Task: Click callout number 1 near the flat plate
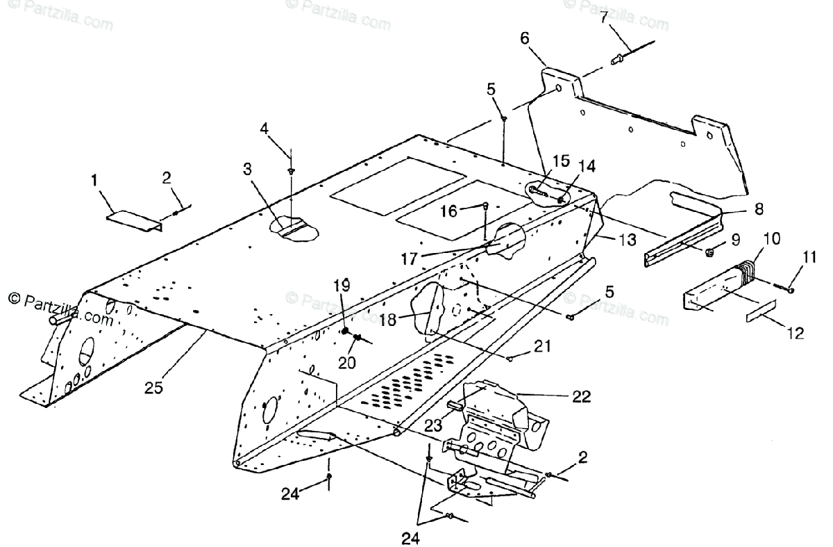(94, 180)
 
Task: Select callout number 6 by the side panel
(525, 38)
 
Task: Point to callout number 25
(153, 388)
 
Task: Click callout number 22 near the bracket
(582, 397)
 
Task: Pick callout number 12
(796, 333)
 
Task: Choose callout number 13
(628, 240)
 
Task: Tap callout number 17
(410, 259)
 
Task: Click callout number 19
(342, 285)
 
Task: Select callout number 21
(542, 347)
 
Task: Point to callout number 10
(772, 238)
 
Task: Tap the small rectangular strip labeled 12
(762, 311)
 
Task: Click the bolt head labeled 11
(790, 290)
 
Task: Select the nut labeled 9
(709, 252)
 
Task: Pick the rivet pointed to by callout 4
(292, 172)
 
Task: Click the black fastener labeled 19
(345, 331)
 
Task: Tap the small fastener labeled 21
(510, 359)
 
